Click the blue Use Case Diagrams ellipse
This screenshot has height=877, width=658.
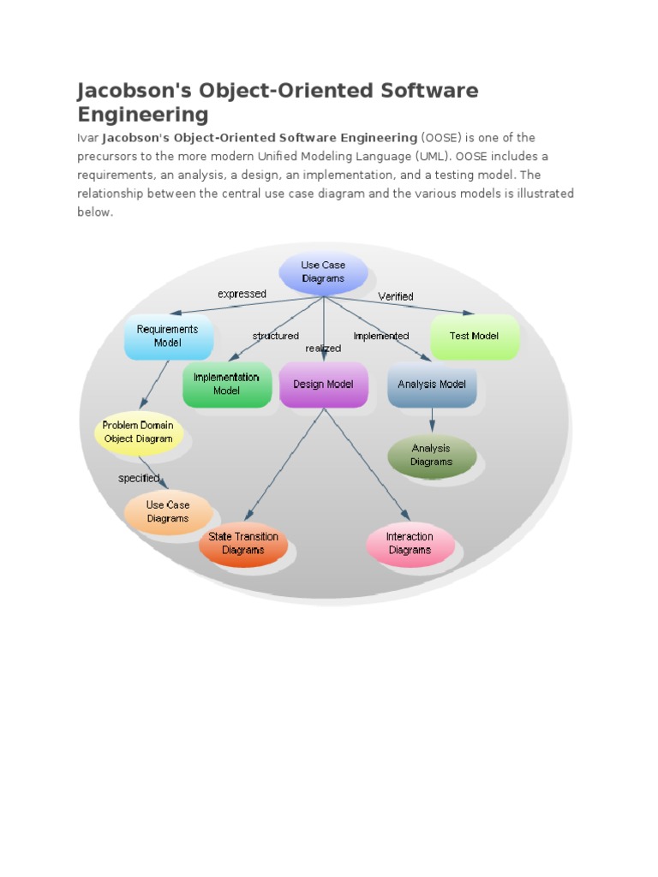(323, 272)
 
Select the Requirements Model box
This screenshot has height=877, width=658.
(168, 337)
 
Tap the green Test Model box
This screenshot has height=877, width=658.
(474, 337)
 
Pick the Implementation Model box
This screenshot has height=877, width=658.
(227, 385)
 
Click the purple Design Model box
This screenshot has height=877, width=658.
(323, 385)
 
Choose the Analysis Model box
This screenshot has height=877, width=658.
(432, 385)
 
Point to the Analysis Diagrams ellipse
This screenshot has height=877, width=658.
(431, 456)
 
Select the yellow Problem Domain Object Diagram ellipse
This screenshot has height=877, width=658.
(138, 433)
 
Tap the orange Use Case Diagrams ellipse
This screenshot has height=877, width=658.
(168, 512)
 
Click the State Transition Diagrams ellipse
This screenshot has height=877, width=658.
(243, 544)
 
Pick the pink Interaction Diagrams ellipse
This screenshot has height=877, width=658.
(410, 544)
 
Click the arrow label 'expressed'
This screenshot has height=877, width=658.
(242, 294)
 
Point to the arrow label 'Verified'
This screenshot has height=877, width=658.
(396, 296)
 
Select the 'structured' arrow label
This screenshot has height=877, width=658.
(276, 336)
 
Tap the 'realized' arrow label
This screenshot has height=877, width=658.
(323, 349)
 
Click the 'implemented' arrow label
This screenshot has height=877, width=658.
(381, 336)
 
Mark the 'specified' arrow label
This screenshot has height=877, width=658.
(139, 479)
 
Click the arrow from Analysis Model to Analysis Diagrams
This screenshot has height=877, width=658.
(432, 421)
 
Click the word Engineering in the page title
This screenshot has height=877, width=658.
(143, 114)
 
